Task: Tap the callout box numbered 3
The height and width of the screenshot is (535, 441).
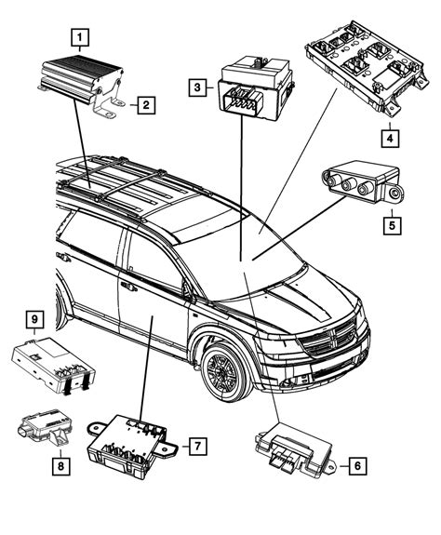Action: pyautogui.click(x=197, y=87)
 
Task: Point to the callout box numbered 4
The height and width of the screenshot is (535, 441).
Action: pyautogui.click(x=392, y=139)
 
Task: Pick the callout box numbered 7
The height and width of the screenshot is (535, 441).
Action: pyautogui.click(x=197, y=447)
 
